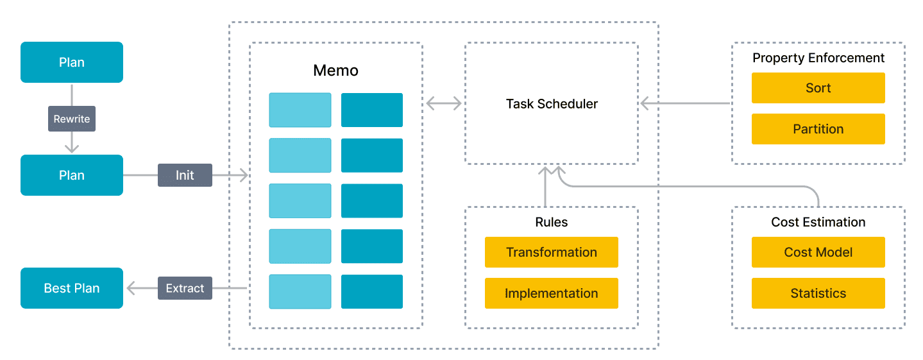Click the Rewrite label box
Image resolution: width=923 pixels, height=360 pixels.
pyautogui.click(x=72, y=119)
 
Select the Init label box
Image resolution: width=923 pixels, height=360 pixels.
pyautogui.click(x=185, y=175)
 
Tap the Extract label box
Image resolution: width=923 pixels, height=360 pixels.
pyautogui.click(x=185, y=288)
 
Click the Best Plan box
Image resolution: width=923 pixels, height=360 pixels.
pyautogui.click(x=72, y=288)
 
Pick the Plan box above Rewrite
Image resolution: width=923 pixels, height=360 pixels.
pyautogui.click(x=72, y=62)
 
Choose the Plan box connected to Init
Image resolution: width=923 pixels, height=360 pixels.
pyautogui.click(x=72, y=175)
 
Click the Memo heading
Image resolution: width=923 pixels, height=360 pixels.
pyautogui.click(x=336, y=71)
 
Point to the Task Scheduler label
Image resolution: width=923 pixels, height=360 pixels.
pyautogui.click(x=552, y=104)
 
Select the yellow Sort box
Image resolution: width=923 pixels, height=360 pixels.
pyautogui.click(x=818, y=88)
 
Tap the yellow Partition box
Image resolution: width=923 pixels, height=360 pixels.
pyautogui.click(x=818, y=129)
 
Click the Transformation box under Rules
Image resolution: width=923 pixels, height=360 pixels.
pyautogui.click(x=552, y=252)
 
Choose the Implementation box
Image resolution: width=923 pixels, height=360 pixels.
pyautogui.click(x=552, y=293)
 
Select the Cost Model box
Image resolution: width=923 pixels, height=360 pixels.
pyautogui.click(x=818, y=252)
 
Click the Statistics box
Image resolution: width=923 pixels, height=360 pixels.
pyautogui.click(x=818, y=293)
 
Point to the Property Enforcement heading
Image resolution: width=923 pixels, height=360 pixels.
pyautogui.click(x=818, y=58)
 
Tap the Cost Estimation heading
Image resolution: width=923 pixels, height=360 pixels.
pyautogui.click(x=818, y=222)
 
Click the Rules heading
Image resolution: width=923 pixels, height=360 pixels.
pyautogui.click(x=552, y=222)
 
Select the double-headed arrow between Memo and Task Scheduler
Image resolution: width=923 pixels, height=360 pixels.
pyautogui.click(x=444, y=103)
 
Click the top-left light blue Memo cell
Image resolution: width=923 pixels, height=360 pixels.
pyautogui.click(x=300, y=110)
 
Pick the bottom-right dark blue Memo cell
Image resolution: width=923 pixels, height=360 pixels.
pyautogui.click(x=372, y=291)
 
